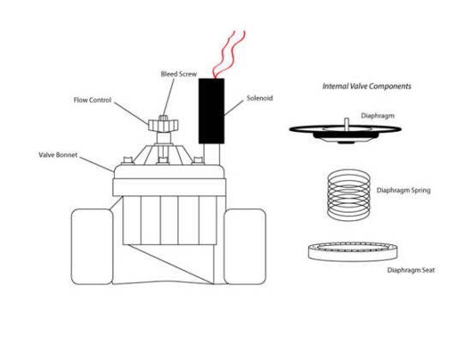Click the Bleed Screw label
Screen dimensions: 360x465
[180, 75]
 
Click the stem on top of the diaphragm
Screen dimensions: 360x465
[345, 120]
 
